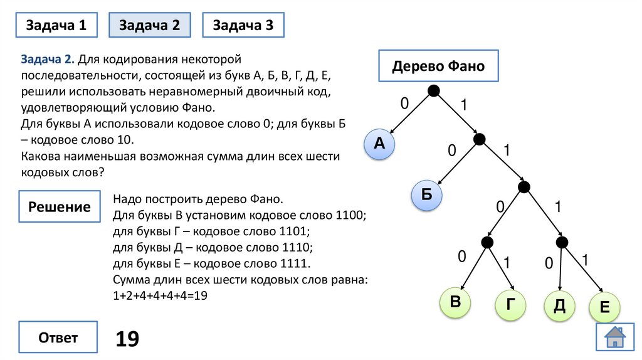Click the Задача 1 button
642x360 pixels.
coord(56,26)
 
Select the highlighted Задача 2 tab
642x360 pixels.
coord(149,26)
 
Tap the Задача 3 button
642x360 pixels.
coord(243,26)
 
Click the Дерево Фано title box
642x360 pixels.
coord(438,66)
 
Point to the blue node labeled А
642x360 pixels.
coord(379,144)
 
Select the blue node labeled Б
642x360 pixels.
coord(427,195)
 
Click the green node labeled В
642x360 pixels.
coord(456,302)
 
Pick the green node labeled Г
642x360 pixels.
coord(511,304)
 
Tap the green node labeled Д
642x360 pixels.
coord(559,305)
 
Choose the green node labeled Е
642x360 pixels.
coord(604,307)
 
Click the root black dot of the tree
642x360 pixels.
coord(433,92)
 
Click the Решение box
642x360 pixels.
coord(59,207)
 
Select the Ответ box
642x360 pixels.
coord(58,338)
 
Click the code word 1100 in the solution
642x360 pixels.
coord(350,216)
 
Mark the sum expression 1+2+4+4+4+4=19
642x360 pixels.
coord(160,295)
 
